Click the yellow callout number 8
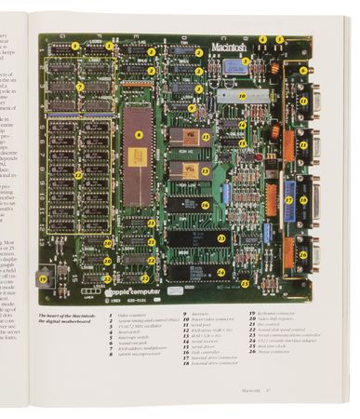click(x=139, y=136)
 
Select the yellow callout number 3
click(x=245, y=62)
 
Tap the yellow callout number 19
click(x=43, y=278)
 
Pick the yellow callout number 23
click(x=222, y=238)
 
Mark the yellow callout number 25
click(x=303, y=253)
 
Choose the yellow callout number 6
click(x=302, y=71)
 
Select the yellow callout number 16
click(x=206, y=205)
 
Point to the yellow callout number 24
click(x=222, y=273)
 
